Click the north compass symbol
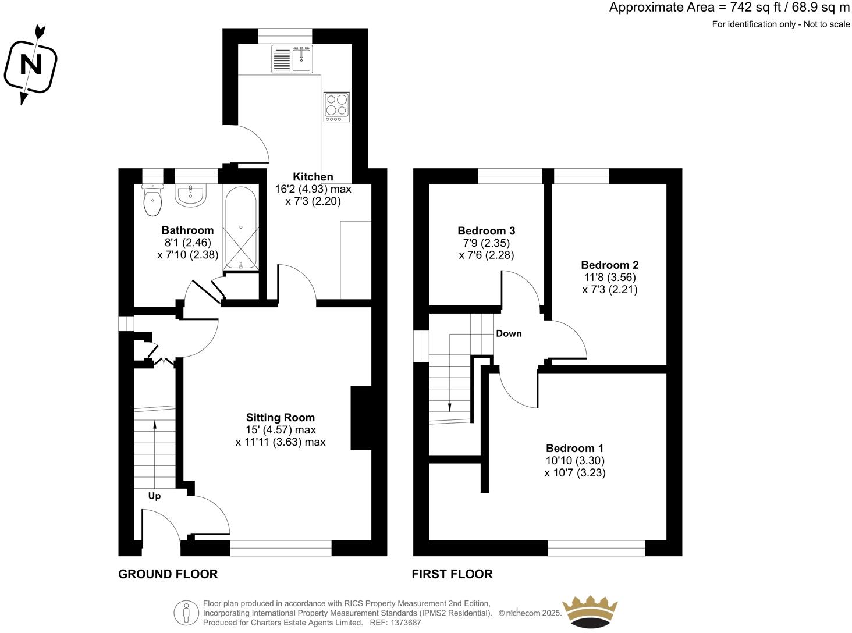30,65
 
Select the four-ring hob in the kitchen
336,106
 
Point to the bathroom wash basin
190,195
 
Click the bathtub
240,228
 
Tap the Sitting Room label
280,417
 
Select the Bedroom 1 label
574,448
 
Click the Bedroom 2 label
609,265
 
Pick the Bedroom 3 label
486,230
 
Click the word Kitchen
313,177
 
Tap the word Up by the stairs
154,496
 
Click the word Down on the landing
509,333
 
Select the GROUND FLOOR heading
168,574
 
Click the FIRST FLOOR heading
452,574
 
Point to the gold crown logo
589,611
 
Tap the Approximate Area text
729,8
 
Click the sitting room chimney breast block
361,418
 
